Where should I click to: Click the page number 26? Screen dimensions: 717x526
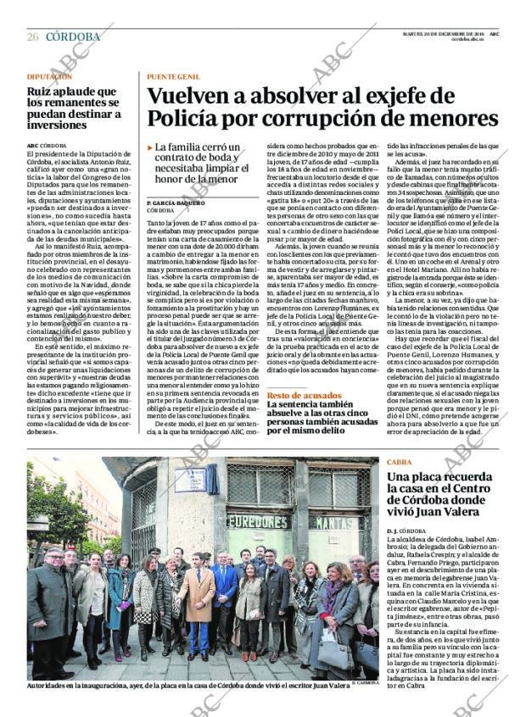pos(32,36)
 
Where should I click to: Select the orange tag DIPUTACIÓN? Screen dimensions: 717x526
pos(48,76)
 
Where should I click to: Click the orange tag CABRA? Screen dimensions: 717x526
pos(399,462)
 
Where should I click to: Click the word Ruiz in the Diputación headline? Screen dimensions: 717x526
pos(37,91)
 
